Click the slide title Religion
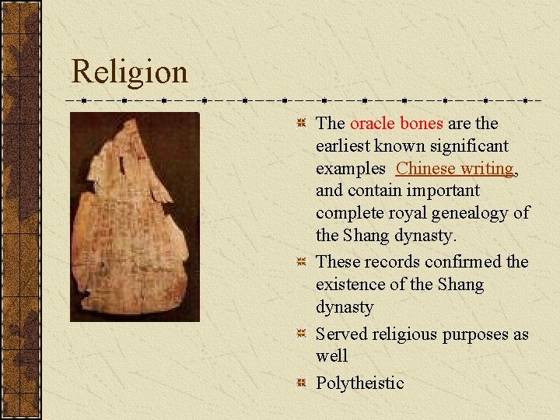click(x=129, y=72)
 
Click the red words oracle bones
click(x=397, y=124)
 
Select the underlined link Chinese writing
click(x=454, y=168)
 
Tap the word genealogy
click(x=475, y=212)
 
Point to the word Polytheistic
click(x=359, y=383)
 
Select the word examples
click(x=350, y=168)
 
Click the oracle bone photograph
click(x=135, y=216)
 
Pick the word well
click(x=331, y=356)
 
